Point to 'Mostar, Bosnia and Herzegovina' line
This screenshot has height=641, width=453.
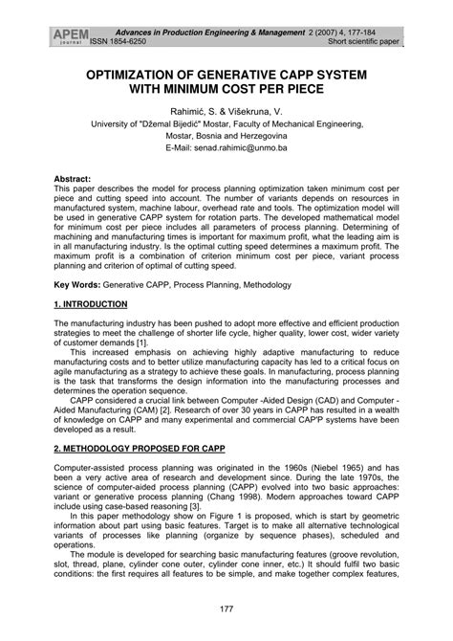[x=226, y=137]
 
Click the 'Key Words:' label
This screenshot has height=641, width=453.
[x=78, y=285]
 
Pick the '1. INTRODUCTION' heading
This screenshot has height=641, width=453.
[x=91, y=304]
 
